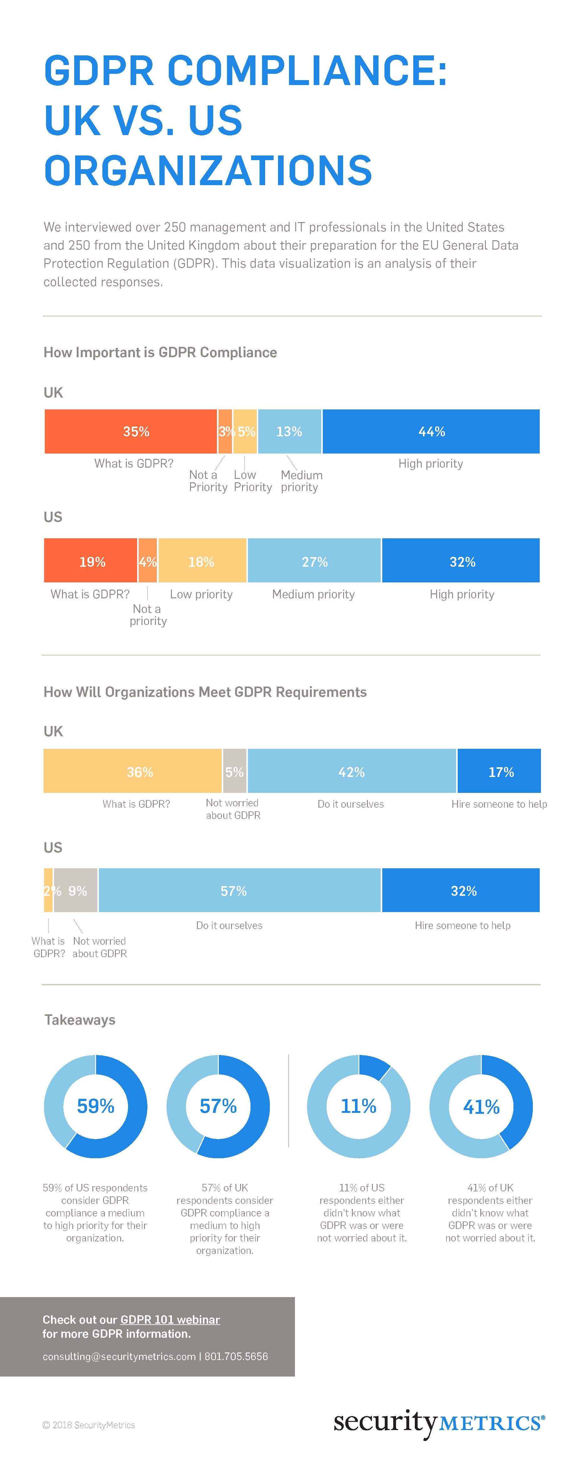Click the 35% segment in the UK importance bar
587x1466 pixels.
pos(131,431)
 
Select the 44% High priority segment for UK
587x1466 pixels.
pos(431,431)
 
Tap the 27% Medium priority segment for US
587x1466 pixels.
pos(314,561)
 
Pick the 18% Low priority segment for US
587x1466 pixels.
pos(202,561)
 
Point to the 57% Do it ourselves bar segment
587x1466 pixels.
pos(239,890)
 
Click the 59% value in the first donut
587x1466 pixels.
pos(96,1106)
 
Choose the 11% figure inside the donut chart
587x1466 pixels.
pos(359,1106)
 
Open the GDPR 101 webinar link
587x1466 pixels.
pos(170,1319)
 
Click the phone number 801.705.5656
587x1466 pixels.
pos(236,1356)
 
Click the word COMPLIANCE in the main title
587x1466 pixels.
pos(307,71)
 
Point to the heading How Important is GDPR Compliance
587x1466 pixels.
pos(160,352)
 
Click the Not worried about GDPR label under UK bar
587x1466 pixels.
pos(233,809)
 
